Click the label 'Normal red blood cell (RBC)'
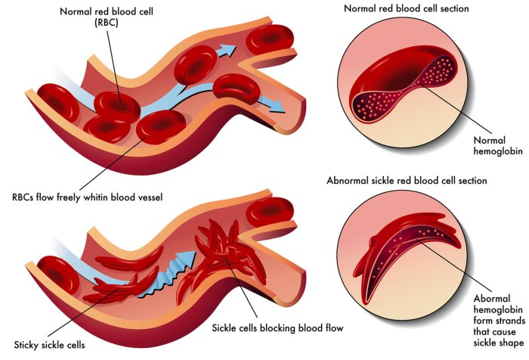pyautogui.click(x=107, y=17)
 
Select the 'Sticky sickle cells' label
pyautogui.click(x=49, y=345)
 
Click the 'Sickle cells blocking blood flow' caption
pyautogui.click(x=277, y=328)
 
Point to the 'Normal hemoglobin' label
pyautogui.click(x=498, y=145)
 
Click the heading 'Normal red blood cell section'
pyautogui.click(x=407, y=8)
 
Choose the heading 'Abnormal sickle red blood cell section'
pyautogui.click(x=407, y=180)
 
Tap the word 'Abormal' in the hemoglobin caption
pyautogui.click(x=492, y=299)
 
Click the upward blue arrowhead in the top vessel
pyautogui.click(x=227, y=51)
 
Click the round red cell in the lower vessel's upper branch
pyautogui.click(x=269, y=212)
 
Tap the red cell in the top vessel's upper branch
pyautogui.click(x=270, y=39)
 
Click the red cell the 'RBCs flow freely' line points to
pyautogui.click(x=160, y=126)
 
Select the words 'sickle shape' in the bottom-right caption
pyautogui.click(x=498, y=343)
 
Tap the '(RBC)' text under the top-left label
pyautogui.click(x=107, y=23)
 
